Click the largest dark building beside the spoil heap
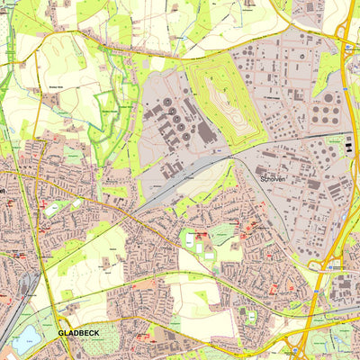click(206, 132)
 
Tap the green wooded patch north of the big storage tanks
click(328, 67)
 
